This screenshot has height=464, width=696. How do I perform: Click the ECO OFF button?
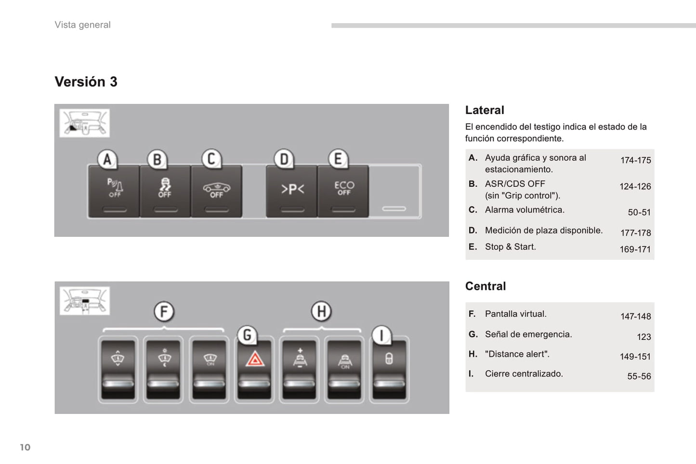[343, 191]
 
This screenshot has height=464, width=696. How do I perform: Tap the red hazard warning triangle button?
[255, 369]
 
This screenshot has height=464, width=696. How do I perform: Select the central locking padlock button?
[389, 369]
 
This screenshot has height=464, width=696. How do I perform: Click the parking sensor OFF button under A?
[114, 191]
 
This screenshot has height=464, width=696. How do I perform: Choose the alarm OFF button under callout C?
[216, 191]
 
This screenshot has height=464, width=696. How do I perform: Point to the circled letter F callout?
[164, 311]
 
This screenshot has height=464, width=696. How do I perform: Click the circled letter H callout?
[321, 311]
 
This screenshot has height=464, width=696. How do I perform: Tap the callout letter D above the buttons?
[284, 159]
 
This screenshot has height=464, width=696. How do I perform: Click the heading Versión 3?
[86, 82]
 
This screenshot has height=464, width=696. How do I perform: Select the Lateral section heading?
[485, 110]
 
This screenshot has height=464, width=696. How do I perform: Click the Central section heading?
[486, 286]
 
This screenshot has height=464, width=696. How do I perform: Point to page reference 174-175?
[635, 160]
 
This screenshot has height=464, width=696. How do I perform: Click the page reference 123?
[643, 337]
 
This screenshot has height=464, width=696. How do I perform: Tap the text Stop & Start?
[510, 247]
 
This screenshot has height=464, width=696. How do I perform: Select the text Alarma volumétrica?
[525, 210]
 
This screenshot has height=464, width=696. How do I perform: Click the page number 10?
[25, 447]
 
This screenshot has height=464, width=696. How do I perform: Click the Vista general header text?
[82, 25]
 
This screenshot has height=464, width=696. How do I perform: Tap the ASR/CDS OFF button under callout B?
[165, 191]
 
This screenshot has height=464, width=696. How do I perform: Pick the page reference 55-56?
[639, 376]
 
